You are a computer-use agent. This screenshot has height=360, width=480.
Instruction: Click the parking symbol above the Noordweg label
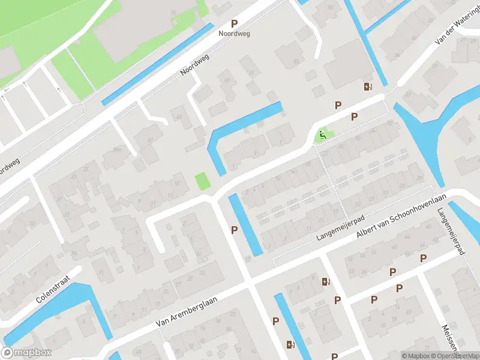tap(234, 24)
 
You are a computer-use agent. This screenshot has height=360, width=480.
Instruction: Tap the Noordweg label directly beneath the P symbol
tap(234, 34)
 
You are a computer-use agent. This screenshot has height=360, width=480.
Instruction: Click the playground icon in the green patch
tap(323, 136)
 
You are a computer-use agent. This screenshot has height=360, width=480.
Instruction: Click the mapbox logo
tap(26, 353)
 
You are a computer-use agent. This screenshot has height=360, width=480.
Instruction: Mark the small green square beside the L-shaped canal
tap(203, 181)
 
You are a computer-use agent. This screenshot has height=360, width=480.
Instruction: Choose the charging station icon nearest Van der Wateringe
tap(367, 86)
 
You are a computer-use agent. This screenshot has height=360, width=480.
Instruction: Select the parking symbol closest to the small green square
tap(234, 230)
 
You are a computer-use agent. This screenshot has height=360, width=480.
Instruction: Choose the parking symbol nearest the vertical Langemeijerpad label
tap(423, 259)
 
